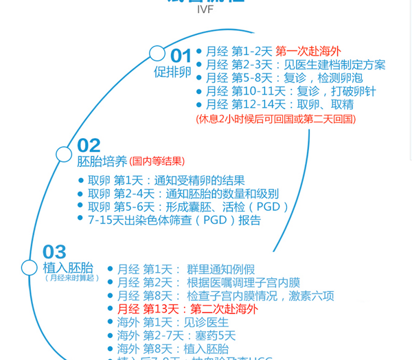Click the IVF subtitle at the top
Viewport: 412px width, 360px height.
(x=205, y=9)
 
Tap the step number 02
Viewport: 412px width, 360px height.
(x=89, y=145)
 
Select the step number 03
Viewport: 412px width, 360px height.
(x=55, y=251)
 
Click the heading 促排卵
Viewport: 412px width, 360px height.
(x=172, y=72)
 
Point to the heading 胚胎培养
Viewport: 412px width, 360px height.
(x=102, y=161)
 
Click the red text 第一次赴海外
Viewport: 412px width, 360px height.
(x=308, y=52)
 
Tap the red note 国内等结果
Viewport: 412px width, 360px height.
(x=157, y=161)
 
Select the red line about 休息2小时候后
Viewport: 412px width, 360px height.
(x=275, y=119)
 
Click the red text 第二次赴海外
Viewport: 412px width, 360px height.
(x=225, y=309)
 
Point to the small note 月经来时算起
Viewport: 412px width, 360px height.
(x=71, y=278)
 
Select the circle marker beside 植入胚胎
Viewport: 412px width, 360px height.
(x=30, y=268)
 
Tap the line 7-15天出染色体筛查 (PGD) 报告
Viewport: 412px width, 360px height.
(x=174, y=221)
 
